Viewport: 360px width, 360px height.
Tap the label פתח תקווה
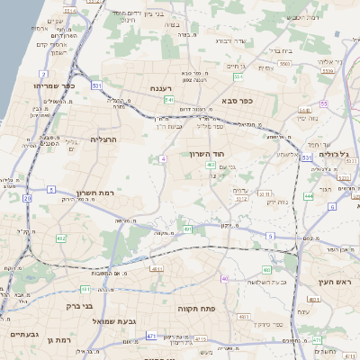tap(194, 308)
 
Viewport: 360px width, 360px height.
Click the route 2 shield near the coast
tap(44, 74)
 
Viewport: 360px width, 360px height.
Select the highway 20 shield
tap(27, 198)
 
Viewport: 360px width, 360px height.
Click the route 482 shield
tap(60, 238)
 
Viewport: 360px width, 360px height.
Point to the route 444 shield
tap(309, 195)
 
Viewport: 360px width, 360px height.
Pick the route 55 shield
tap(323, 103)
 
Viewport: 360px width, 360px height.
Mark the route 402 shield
tap(210, 165)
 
